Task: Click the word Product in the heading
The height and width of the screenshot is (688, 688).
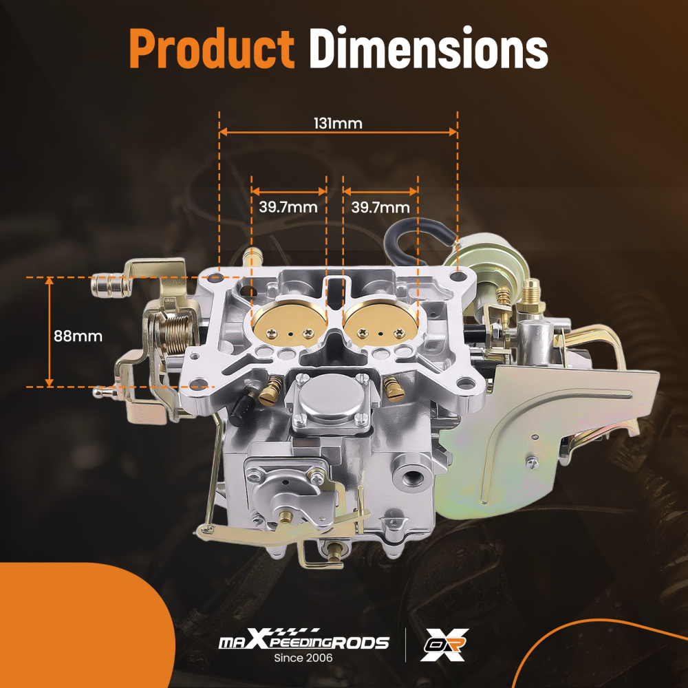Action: tap(212, 49)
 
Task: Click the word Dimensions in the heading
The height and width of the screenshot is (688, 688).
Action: tap(429, 48)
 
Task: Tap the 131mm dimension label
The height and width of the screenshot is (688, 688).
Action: tap(338, 124)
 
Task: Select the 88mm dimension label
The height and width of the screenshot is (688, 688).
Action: tap(78, 336)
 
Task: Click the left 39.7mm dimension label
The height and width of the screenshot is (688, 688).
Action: tap(288, 207)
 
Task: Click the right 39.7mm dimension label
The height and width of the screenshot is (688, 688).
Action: tap(380, 207)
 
